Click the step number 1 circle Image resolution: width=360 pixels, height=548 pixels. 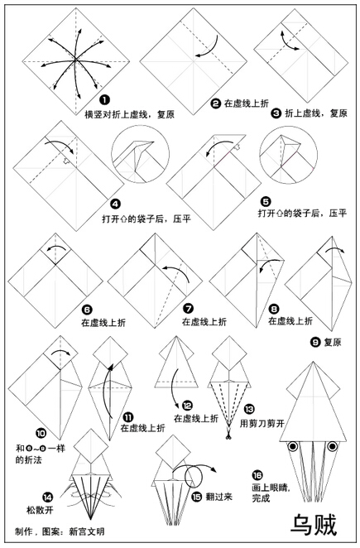[104, 99]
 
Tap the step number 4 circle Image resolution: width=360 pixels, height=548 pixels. [115, 204]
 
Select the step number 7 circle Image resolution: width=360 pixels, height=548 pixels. [189, 309]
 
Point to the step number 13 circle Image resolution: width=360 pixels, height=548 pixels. [248, 409]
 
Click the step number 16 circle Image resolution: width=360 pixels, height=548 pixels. [257, 475]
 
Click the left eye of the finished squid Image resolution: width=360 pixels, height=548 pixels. [292, 446]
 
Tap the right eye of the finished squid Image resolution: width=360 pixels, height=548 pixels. [332, 446]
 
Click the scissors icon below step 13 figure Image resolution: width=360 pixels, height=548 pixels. [228, 436]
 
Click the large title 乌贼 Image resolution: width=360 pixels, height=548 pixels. [314, 525]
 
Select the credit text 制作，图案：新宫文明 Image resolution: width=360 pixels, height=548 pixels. [60, 531]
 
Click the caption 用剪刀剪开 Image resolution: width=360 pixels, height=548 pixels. [262, 424]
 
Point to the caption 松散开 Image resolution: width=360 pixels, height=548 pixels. [41, 510]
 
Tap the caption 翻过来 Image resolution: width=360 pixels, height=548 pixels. [218, 497]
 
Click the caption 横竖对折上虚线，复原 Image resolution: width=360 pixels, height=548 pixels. [130, 114]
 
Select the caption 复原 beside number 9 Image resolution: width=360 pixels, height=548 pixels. [333, 342]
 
